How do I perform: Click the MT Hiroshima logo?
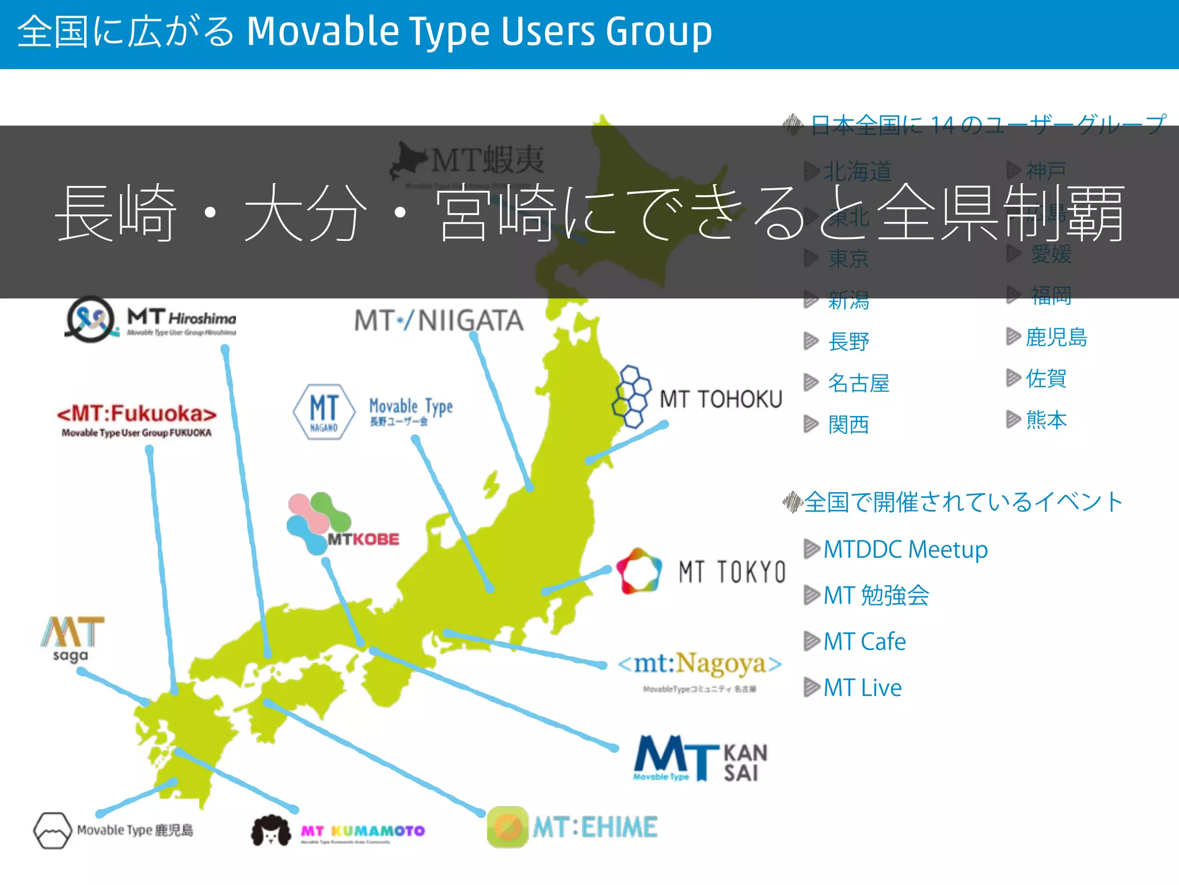pos(151,320)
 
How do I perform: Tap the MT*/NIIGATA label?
pos(439,320)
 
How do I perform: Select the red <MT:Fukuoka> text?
pos(136,414)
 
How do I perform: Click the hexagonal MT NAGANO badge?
pos(324,411)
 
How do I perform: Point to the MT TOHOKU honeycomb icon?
pos(632,397)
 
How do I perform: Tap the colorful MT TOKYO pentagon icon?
pos(638,570)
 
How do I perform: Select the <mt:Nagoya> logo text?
pos(699,664)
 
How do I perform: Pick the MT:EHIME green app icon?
pos(507,827)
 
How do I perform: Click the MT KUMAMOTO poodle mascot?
pos(271,830)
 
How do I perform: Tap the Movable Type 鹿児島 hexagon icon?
pos(52,830)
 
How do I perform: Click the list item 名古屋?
pos(858,383)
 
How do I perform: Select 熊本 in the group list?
pos(1046,420)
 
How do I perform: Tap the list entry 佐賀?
pos(1046,379)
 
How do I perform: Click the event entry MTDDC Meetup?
pos(905,549)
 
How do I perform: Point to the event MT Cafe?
pos(864,641)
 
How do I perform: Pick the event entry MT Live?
pos(862,687)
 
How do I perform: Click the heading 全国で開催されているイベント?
pos(963,502)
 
